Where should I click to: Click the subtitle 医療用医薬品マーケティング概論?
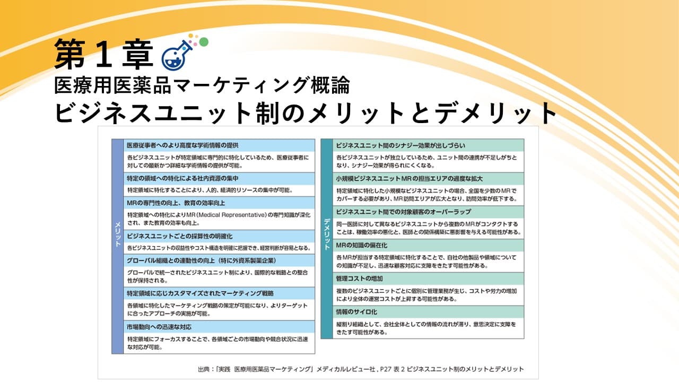(202, 85)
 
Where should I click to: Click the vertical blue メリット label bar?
(118, 246)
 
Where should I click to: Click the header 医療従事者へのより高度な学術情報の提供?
(182, 145)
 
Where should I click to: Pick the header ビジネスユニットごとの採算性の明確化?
(179, 236)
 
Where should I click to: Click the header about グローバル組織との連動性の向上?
(201, 261)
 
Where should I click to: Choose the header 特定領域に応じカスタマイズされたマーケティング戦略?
(200, 293)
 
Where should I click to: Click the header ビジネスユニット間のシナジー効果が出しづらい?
(401, 145)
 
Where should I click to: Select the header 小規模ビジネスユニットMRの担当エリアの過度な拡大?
(408, 178)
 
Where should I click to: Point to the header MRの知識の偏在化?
(361, 245)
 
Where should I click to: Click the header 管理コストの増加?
(359, 278)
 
